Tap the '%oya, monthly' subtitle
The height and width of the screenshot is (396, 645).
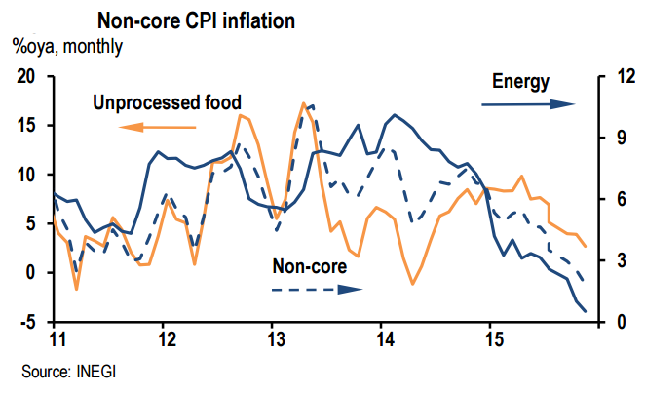coord(66,46)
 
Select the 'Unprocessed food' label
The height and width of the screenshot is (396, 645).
coord(167,101)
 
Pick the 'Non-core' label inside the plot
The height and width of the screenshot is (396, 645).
coord(309,265)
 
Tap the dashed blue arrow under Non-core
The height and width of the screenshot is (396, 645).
coord(316,289)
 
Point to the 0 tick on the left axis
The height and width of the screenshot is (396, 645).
coord(31,272)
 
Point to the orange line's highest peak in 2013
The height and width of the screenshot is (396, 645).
coord(304,102)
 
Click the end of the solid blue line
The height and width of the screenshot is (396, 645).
coord(585,311)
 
